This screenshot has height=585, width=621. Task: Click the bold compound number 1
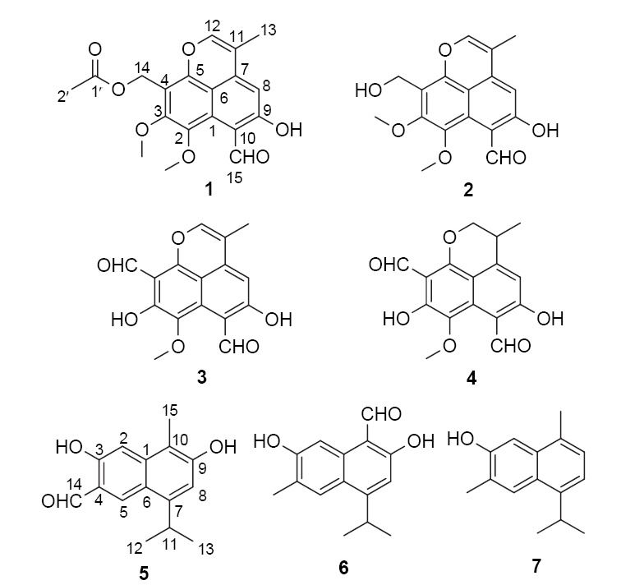[x=209, y=191]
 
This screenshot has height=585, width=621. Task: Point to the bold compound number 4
[x=471, y=379]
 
